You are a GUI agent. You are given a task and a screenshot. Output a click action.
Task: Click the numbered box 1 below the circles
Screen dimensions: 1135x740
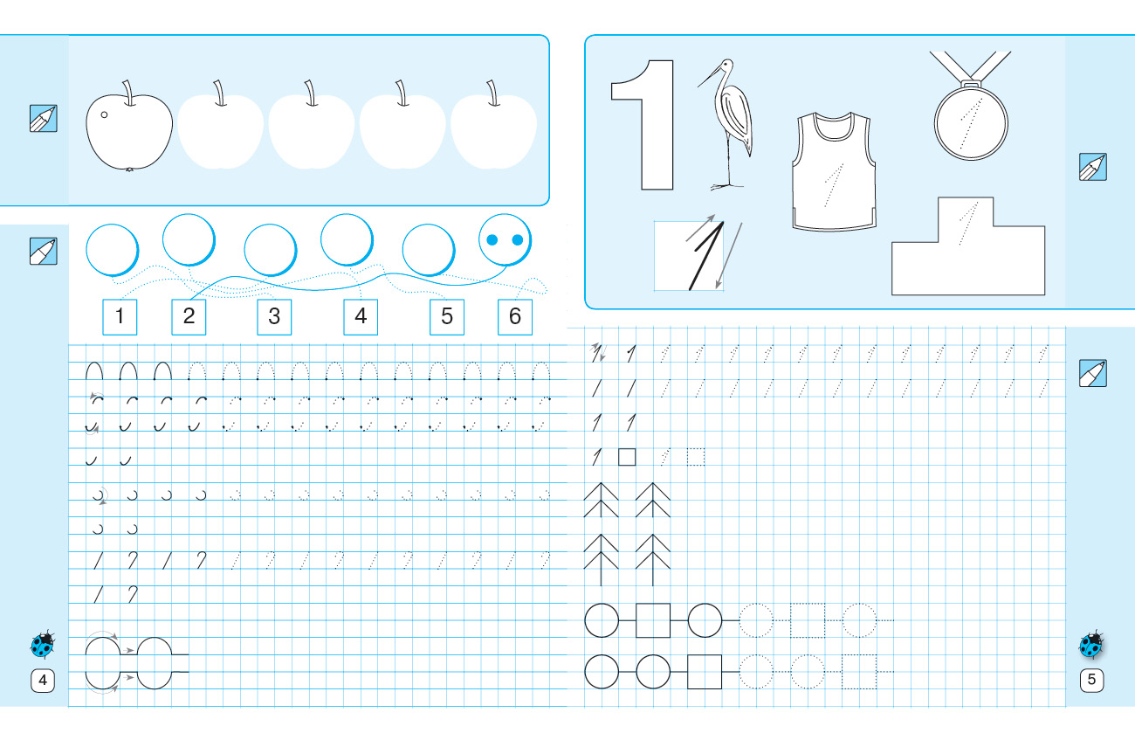pyautogui.click(x=120, y=317)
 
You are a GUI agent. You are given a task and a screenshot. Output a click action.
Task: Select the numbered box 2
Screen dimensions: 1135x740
pyautogui.click(x=189, y=317)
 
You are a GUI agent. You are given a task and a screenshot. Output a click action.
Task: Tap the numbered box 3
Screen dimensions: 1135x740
pyautogui.click(x=274, y=317)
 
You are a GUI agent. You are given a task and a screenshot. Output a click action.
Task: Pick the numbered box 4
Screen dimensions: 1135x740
pyautogui.click(x=361, y=317)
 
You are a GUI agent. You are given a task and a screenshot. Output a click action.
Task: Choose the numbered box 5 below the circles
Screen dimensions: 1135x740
pyautogui.click(x=447, y=317)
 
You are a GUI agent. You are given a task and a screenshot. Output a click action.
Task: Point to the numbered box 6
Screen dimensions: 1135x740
pyautogui.click(x=515, y=317)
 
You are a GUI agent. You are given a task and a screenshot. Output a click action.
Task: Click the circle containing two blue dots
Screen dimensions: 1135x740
pyautogui.click(x=506, y=240)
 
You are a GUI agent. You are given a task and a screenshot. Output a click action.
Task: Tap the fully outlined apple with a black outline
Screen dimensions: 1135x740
pyautogui.click(x=129, y=126)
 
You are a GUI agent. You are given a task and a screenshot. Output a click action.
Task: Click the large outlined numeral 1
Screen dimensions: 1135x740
pyautogui.click(x=643, y=125)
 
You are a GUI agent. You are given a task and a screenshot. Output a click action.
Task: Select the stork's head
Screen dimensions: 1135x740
pyautogui.click(x=726, y=66)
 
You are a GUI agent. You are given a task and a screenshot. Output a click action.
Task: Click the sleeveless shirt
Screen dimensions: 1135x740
pyautogui.click(x=834, y=171)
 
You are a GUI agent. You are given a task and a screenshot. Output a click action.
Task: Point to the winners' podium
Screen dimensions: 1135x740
pyautogui.click(x=967, y=246)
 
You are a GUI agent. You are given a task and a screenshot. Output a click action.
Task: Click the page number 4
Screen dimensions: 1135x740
pyautogui.click(x=43, y=680)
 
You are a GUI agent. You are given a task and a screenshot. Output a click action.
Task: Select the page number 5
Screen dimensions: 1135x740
pyautogui.click(x=1091, y=679)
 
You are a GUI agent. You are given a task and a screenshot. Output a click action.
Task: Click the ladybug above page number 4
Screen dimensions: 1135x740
pyautogui.click(x=43, y=644)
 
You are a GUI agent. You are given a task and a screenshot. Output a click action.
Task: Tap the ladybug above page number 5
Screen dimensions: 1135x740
pyautogui.click(x=1091, y=645)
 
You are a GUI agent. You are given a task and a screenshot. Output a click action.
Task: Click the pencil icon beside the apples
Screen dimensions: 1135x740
pyautogui.click(x=44, y=118)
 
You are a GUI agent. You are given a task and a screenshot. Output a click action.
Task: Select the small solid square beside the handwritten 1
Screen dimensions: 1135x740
pyautogui.click(x=627, y=457)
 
